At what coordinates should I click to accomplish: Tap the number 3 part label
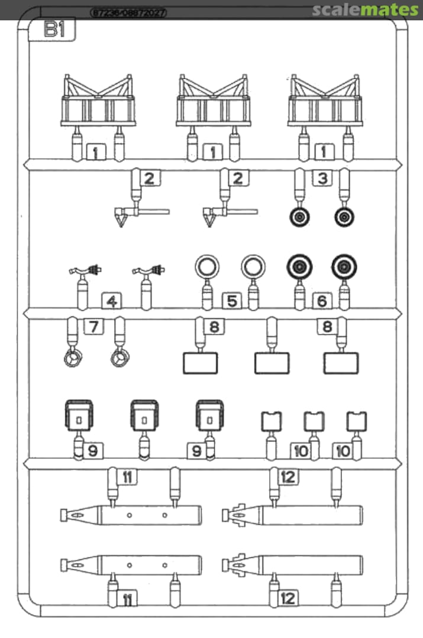tap(322, 178)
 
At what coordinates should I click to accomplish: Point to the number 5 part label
tap(232, 301)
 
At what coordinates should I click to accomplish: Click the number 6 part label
tap(322, 301)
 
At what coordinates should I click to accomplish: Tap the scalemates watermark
tap(365, 10)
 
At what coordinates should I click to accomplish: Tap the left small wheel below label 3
tap(300, 218)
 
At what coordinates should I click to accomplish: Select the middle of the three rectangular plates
tap(272, 363)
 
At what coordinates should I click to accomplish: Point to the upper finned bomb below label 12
tap(293, 515)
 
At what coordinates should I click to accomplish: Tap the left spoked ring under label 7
tap(72, 359)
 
